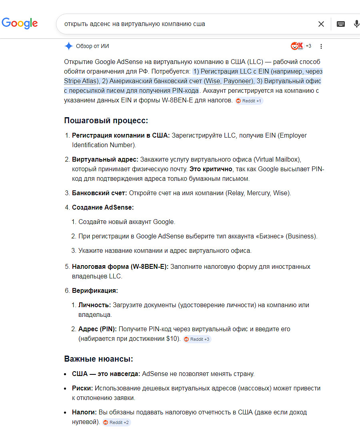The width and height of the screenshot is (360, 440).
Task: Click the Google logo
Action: (20, 23)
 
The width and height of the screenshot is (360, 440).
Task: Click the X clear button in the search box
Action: (321, 24)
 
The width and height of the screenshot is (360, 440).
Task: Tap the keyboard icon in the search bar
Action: (341, 24)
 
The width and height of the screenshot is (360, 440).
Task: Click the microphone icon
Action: (356, 24)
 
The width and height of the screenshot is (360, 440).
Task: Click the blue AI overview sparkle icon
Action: (68, 46)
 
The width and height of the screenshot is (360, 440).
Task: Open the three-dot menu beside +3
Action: (321, 46)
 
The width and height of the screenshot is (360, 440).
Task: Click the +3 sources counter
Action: (308, 46)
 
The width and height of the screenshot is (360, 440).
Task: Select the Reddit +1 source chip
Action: (249, 101)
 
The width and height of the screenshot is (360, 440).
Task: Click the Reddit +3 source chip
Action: (196, 339)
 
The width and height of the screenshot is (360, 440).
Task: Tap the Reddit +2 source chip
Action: (116, 422)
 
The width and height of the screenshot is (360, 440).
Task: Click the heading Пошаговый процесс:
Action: (106, 120)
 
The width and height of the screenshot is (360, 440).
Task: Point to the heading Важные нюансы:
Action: (98, 359)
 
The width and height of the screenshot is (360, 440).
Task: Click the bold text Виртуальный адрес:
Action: (105, 159)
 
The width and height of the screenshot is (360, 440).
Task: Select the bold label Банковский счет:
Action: (100, 193)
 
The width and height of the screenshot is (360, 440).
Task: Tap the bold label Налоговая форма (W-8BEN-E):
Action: (120, 267)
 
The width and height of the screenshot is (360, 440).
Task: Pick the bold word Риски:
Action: (82, 388)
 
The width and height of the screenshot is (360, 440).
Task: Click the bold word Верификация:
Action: (95, 291)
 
